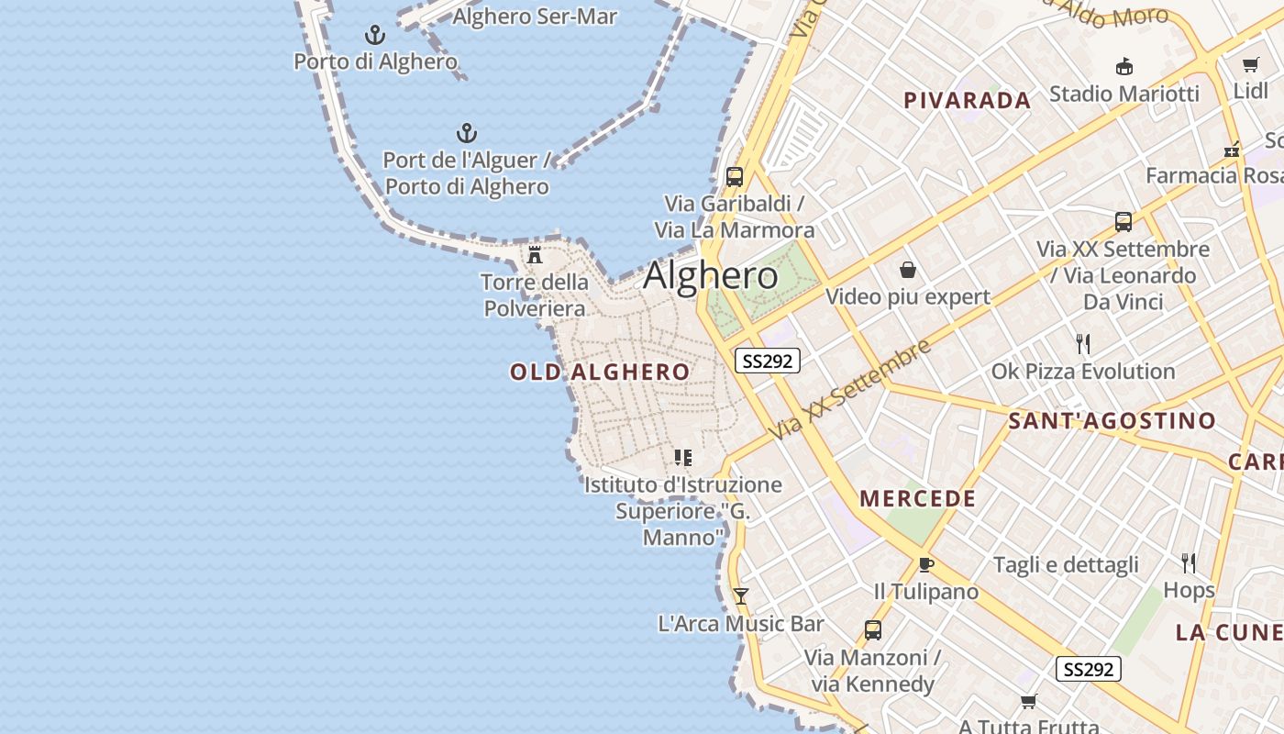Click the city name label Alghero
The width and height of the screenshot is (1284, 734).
(711, 275)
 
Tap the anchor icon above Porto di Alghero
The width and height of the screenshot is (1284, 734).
(374, 36)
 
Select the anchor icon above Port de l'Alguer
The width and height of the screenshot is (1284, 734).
(467, 134)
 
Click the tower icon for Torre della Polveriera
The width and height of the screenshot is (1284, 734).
(535, 254)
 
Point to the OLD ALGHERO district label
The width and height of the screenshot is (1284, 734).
(600, 372)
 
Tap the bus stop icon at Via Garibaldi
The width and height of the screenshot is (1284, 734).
(734, 177)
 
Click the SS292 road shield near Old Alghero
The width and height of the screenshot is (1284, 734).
(767, 361)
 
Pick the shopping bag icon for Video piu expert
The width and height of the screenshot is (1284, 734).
(908, 270)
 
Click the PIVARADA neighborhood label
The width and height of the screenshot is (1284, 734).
(968, 101)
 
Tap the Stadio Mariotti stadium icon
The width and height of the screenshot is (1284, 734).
(1123, 66)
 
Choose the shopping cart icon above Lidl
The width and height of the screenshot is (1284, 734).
(1250, 64)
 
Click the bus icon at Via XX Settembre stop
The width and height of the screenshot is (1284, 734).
(1123, 221)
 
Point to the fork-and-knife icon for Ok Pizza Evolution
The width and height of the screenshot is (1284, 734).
(1083, 344)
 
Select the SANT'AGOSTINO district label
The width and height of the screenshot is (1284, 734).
(1112, 421)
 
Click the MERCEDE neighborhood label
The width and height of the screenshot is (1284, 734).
(917, 499)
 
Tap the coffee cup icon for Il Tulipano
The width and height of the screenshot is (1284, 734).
(925, 564)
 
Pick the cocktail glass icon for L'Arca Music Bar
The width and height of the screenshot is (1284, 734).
(741, 596)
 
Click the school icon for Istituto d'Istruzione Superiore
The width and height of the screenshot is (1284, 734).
(683, 457)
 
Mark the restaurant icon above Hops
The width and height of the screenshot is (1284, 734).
(1189, 562)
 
